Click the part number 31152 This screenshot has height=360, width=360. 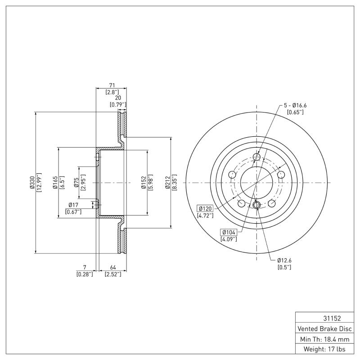(324, 318)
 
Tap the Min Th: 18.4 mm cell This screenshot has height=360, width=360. (324, 338)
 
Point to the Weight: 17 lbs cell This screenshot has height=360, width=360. (324, 349)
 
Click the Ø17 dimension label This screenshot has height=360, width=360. (73, 205)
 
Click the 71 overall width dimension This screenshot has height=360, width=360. (112, 84)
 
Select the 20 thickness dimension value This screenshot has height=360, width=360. (118, 98)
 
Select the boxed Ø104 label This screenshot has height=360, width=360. (229, 232)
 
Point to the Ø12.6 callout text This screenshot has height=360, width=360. (285, 260)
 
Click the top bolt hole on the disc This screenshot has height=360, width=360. (257, 157)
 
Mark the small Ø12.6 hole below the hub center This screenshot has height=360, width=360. (257, 206)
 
